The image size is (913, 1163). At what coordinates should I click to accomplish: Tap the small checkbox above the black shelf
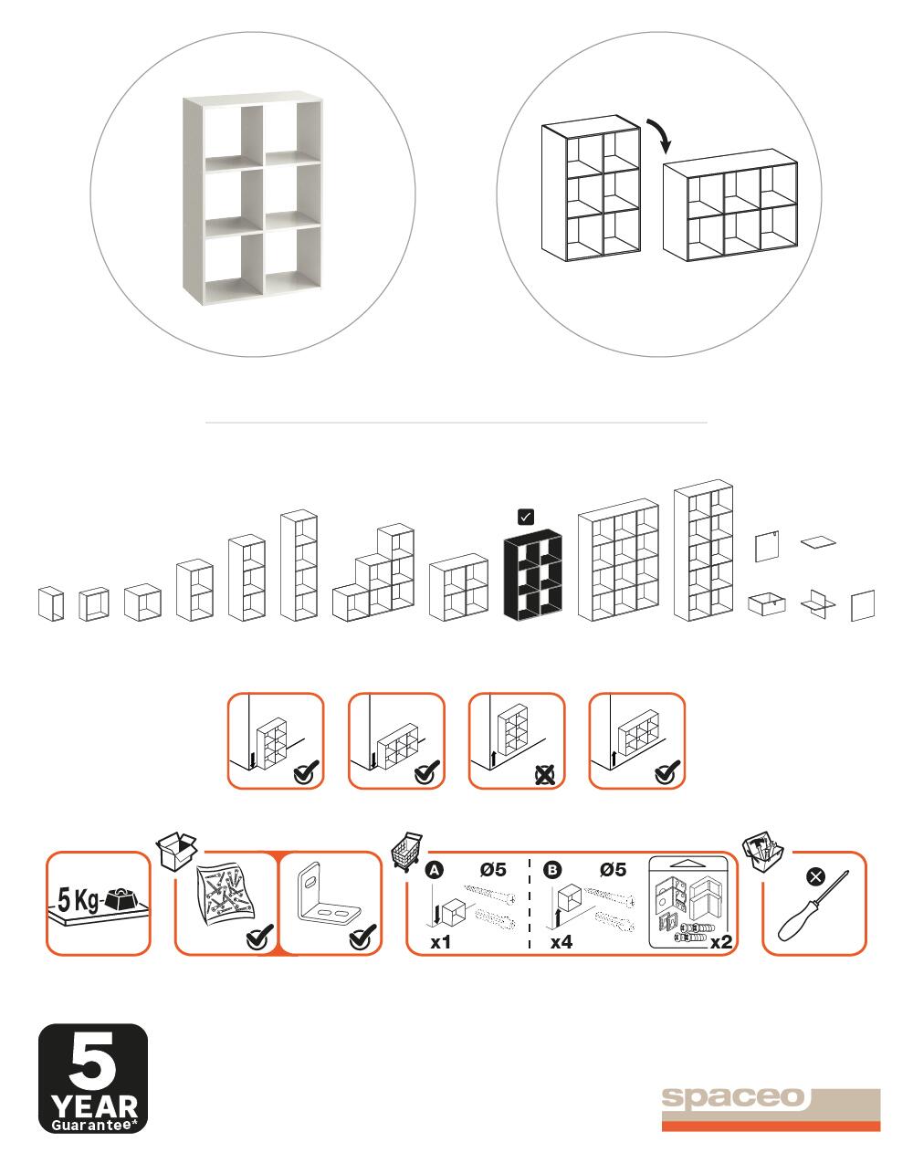[x=526, y=517]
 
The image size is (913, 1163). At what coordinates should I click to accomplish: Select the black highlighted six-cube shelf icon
[x=533, y=574]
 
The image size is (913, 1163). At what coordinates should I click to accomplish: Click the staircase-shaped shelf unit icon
[x=373, y=572]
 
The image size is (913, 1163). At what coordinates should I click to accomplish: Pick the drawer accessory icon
[x=767, y=603]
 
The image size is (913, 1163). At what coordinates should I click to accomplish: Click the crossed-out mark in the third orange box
[x=545, y=776]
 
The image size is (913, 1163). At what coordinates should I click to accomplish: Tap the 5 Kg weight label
[x=79, y=899]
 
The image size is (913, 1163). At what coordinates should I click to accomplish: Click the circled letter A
[x=435, y=871]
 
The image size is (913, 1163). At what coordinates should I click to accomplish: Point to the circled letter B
[x=552, y=870]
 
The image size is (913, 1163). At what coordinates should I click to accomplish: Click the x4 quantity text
[x=561, y=941]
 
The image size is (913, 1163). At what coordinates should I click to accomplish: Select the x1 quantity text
[x=440, y=941]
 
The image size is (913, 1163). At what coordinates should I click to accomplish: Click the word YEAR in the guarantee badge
[x=94, y=1107]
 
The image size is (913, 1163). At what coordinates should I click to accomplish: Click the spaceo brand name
[x=733, y=1097]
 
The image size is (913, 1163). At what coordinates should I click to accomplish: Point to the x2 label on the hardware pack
[x=721, y=942]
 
